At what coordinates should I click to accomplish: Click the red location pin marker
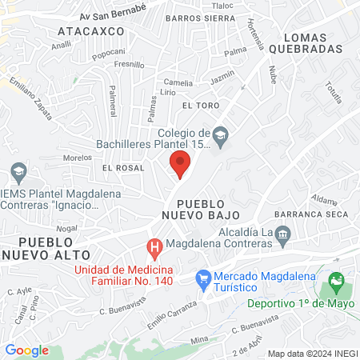(x=181, y=164)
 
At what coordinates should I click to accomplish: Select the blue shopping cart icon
(x=203, y=278)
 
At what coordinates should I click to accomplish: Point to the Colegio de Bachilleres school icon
(x=222, y=134)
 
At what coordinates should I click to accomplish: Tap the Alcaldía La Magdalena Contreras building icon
(x=282, y=233)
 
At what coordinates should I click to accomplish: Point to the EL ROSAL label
(x=123, y=168)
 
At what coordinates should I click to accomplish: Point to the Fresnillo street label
(x=129, y=64)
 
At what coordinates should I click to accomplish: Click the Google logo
(x=27, y=350)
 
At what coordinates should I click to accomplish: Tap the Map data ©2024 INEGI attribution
(x=312, y=353)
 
